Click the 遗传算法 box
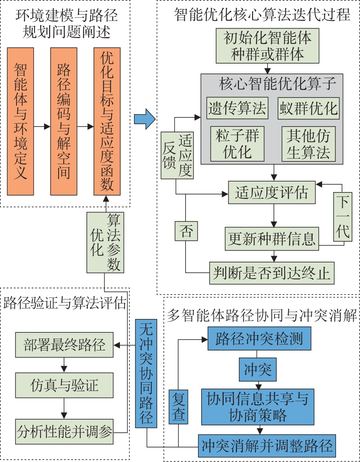point(237,108)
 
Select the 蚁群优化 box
point(309,108)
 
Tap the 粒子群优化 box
point(237,144)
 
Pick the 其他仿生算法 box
point(309,144)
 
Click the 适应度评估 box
point(272,192)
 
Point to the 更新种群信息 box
point(272,238)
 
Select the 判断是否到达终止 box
point(272,273)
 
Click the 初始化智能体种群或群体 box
point(268,46)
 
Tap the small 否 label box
point(186,231)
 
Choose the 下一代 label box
point(342,217)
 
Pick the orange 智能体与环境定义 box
point(20,121)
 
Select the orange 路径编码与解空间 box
point(64,121)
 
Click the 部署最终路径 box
point(64,345)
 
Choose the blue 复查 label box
point(179,407)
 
